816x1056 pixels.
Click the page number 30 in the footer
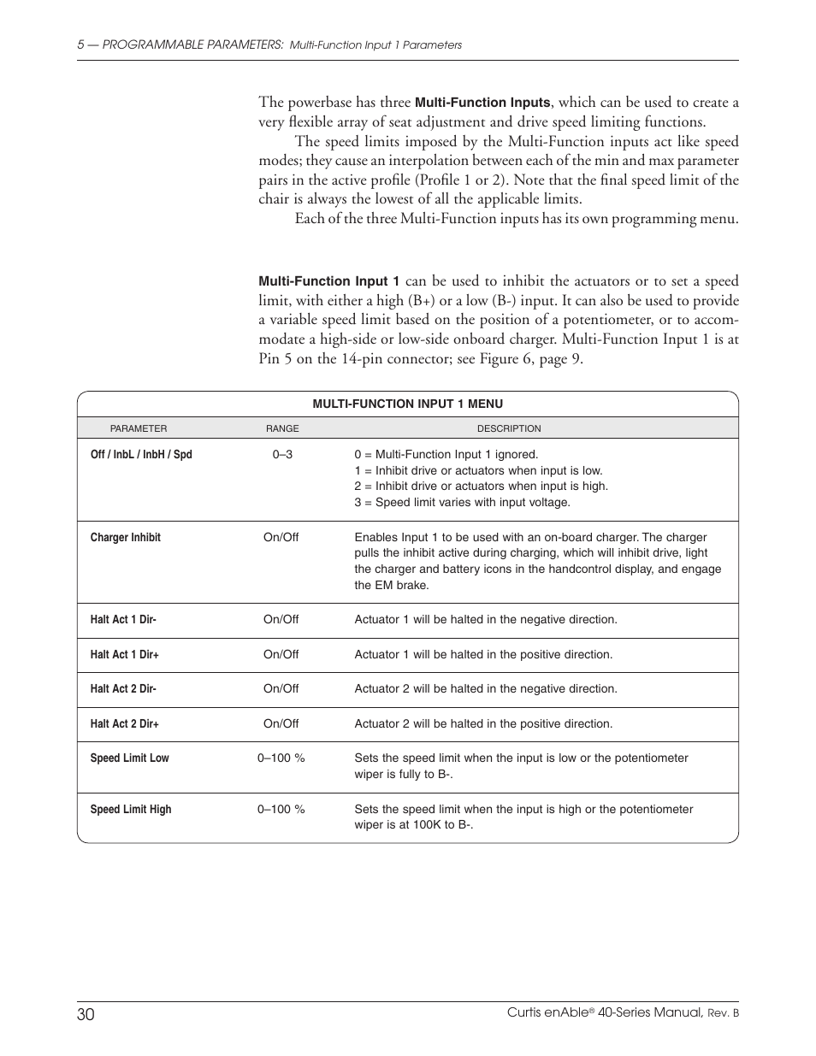(86, 1014)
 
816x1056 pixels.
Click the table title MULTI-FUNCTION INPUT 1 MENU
(407, 404)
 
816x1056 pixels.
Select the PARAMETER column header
(139, 428)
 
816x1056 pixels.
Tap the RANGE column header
(282, 428)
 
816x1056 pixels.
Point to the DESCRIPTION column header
(509, 428)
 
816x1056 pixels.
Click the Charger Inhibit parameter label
(125, 538)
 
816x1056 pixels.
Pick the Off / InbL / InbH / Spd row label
(141, 455)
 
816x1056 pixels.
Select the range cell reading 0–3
(282, 455)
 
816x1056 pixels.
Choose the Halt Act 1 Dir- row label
(123, 620)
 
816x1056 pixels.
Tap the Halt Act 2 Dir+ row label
(125, 724)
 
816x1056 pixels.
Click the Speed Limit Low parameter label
(129, 758)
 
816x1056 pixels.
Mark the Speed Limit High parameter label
(131, 810)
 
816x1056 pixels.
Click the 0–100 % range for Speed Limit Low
(281, 758)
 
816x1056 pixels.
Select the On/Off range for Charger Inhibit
(281, 538)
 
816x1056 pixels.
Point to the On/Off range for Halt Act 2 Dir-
(281, 689)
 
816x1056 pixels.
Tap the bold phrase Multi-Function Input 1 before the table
(329, 281)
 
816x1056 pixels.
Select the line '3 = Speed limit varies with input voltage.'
(462, 503)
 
